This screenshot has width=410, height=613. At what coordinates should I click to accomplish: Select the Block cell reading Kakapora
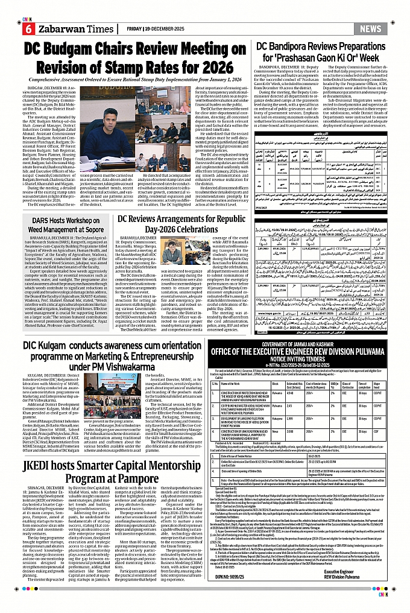point(280,418)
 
